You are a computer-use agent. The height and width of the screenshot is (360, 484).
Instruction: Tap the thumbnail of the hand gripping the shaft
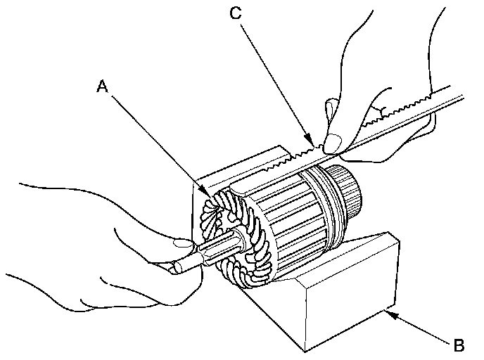pos(182,243)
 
